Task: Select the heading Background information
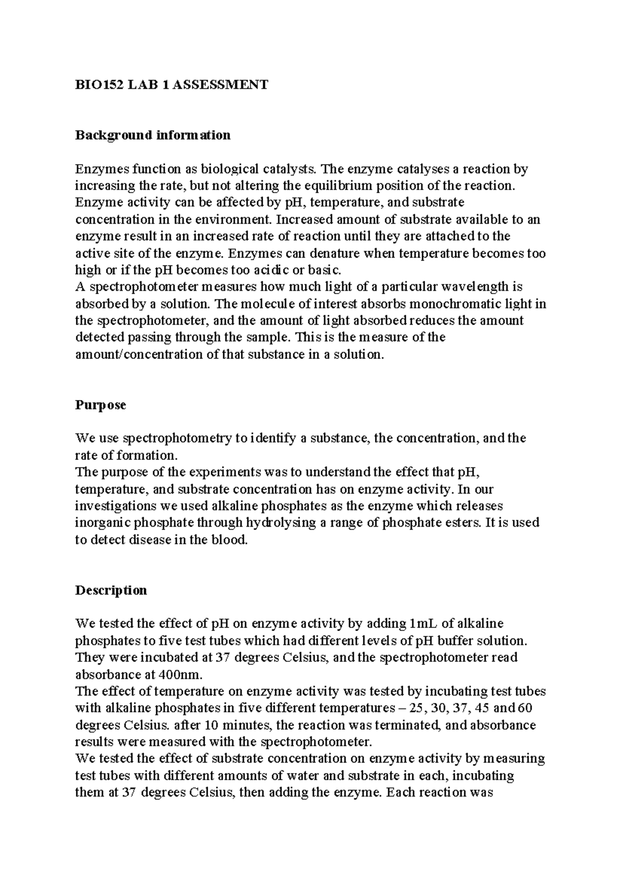point(153,135)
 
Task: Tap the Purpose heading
point(101,405)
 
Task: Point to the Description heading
point(111,590)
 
